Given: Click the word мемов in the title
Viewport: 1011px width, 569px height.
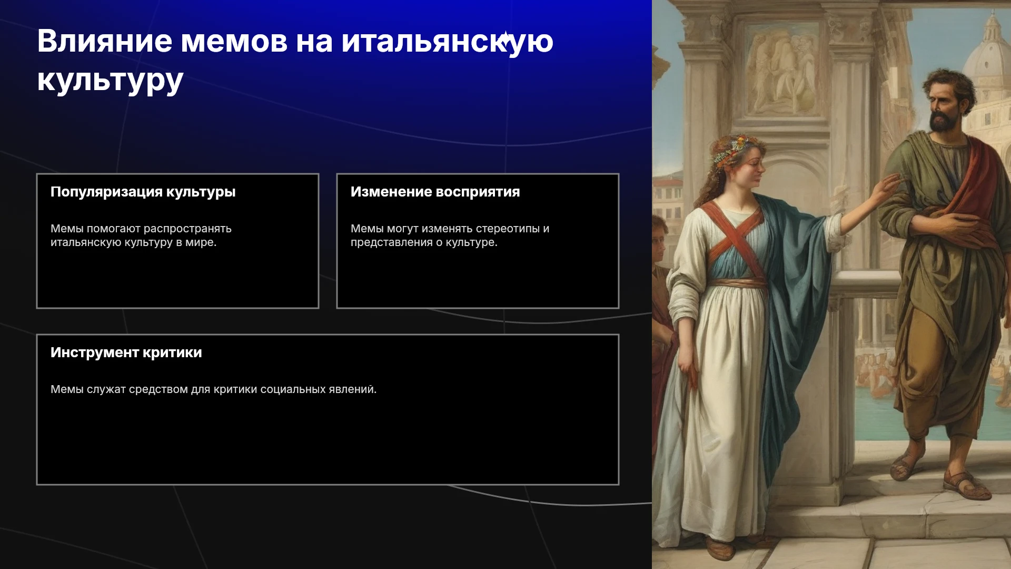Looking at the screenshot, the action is (x=234, y=41).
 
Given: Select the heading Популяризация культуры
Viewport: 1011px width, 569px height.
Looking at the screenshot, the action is (x=143, y=192).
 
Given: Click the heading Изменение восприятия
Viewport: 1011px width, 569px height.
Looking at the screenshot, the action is (x=435, y=192).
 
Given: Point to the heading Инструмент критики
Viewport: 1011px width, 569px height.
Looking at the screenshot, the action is (x=126, y=352).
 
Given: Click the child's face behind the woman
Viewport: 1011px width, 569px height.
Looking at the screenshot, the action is (x=660, y=230).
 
